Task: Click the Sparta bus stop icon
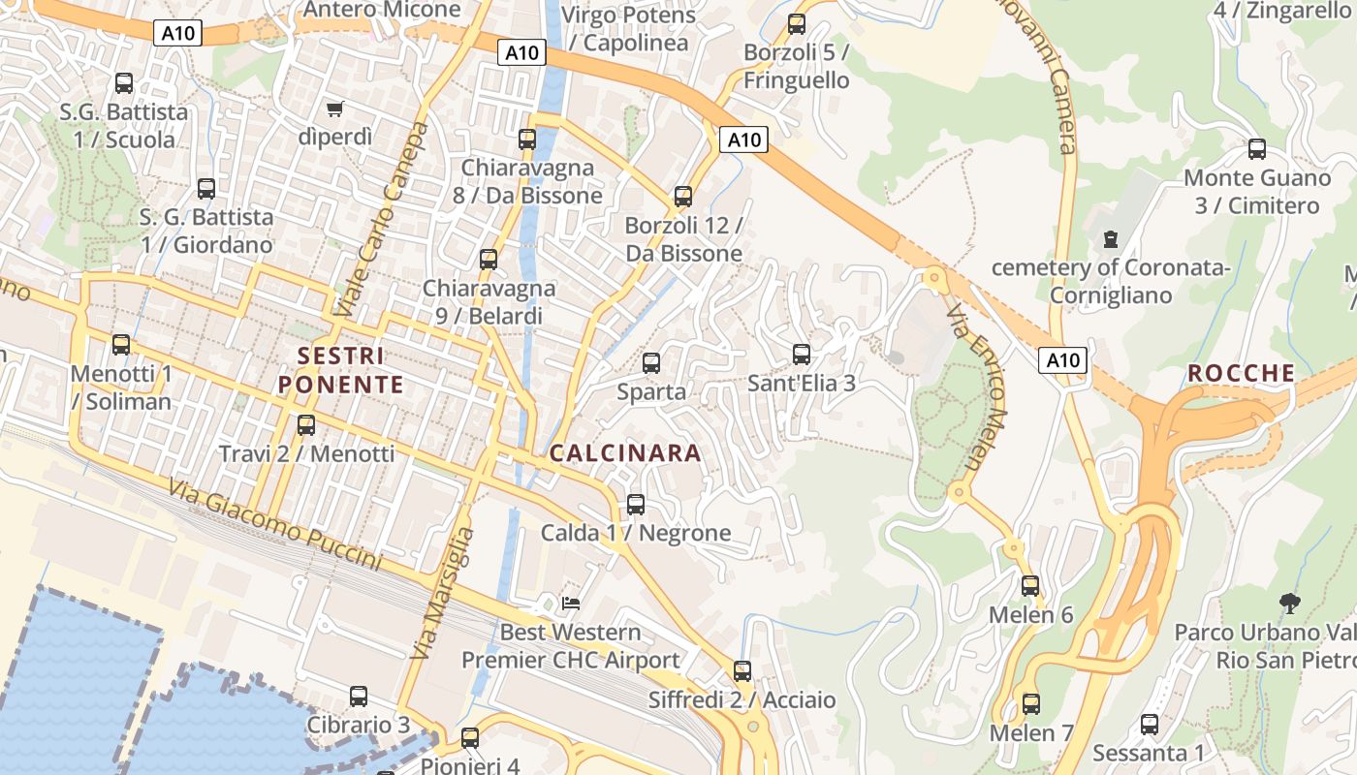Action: tap(651, 363)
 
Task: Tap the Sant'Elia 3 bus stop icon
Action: tap(801, 355)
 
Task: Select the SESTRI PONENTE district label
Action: tap(340, 370)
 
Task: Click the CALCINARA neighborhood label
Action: tap(625, 452)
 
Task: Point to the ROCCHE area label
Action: tap(1242, 373)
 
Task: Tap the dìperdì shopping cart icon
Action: tap(335, 108)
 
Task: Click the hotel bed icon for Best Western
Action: tap(571, 604)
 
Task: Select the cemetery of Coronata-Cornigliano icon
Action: tap(1111, 238)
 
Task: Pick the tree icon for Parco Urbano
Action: tap(1289, 604)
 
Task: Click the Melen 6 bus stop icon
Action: tap(1030, 586)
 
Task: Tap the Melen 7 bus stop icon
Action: tap(1031, 704)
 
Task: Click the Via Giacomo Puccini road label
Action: tap(274, 525)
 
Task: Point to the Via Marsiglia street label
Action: tap(443, 593)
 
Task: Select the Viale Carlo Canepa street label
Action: tap(381, 220)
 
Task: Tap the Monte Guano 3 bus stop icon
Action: tap(1257, 149)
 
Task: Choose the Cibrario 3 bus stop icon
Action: tap(359, 697)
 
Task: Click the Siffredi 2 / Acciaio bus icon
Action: tap(742, 670)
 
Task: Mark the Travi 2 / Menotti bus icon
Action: tap(306, 424)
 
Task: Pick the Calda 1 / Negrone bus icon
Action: tap(636, 505)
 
